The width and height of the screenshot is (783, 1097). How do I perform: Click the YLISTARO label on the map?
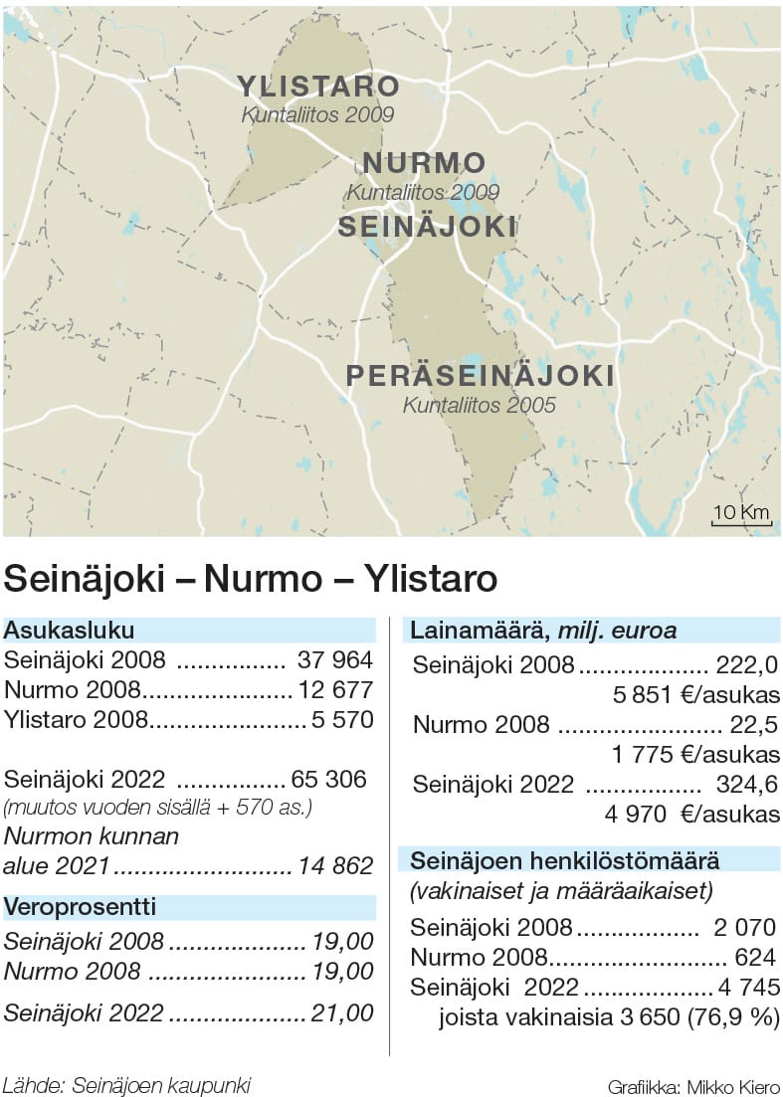pyautogui.click(x=317, y=87)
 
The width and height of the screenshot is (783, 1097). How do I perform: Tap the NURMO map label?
pyautogui.click(x=424, y=163)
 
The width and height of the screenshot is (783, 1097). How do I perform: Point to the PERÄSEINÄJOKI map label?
pyautogui.click(x=480, y=377)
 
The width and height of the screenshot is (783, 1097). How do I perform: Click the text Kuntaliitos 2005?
pyautogui.click(x=479, y=406)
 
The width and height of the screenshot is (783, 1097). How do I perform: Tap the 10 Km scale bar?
pyautogui.click(x=741, y=515)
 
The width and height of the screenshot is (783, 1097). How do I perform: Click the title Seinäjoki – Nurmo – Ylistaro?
pyautogui.click(x=251, y=579)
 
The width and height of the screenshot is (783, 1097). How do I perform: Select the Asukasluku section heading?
pyautogui.click(x=70, y=630)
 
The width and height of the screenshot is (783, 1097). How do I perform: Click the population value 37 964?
pyautogui.click(x=334, y=659)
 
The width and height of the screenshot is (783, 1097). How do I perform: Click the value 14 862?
pyautogui.click(x=334, y=866)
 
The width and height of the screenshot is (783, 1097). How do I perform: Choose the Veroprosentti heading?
pyautogui.click(x=81, y=907)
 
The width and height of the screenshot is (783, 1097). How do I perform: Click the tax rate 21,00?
pyautogui.click(x=340, y=1013)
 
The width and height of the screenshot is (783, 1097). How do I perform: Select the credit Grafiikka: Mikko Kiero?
pyautogui.click(x=693, y=1086)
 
